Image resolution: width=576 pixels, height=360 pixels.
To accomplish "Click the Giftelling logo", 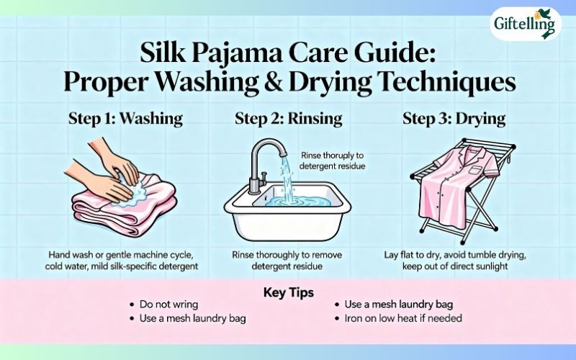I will [x=525, y=24].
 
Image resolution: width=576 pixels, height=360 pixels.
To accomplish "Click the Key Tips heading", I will [x=288, y=292].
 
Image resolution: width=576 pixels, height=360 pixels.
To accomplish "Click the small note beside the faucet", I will [x=333, y=161].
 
